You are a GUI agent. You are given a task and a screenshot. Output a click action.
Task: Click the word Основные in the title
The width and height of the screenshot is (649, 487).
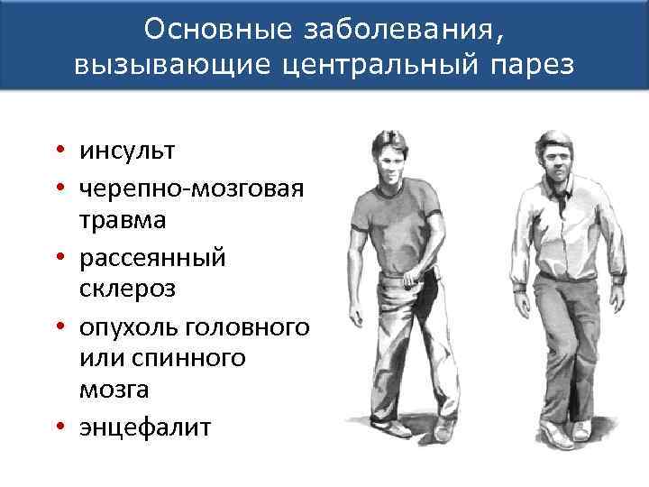point(205,31)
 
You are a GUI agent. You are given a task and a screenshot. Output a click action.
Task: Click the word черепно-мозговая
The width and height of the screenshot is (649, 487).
point(190,185)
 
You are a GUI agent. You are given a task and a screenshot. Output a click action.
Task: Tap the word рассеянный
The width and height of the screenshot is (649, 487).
point(152,257)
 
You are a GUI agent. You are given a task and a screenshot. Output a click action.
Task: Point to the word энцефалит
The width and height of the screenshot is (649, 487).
point(144,426)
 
